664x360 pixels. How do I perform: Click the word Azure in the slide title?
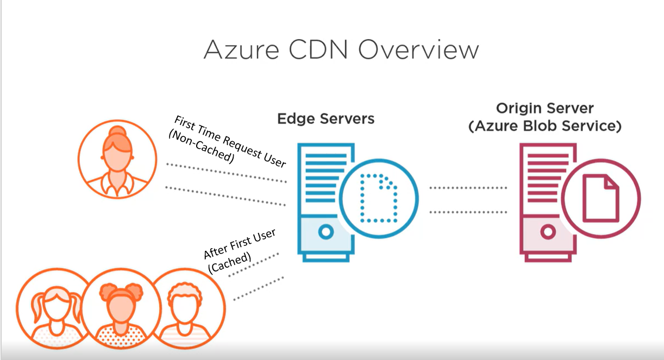point(242,50)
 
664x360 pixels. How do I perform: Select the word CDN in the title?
point(318,50)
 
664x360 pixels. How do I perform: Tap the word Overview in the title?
point(418,50)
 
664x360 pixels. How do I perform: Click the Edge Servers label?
point(326,119)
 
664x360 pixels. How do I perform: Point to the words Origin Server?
point(545,108)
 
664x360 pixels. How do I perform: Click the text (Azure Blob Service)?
point(545,126)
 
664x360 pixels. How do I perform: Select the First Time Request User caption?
point(230,142)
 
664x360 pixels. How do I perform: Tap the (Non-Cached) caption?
point(202,147)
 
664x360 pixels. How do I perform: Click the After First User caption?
point(240,244)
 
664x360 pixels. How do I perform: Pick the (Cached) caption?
point(229,262)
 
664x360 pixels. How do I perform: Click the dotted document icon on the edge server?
point(379,199)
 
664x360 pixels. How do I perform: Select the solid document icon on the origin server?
point(601,199)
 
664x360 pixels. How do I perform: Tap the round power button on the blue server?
point(326,232)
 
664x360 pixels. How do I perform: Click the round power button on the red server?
point(548,232)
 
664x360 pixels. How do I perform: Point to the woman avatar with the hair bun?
point(117,159)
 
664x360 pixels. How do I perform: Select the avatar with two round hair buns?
point(121,308)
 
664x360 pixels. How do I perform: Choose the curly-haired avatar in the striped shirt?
point(185,308)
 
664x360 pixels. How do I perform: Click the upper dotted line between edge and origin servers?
point(468,188)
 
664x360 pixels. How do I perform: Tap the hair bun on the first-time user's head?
point(117,132)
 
